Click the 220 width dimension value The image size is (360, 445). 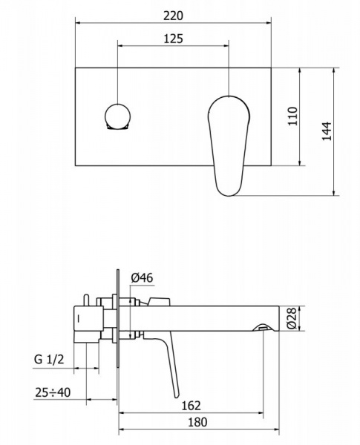point(173,15)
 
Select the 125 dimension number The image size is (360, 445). point(173,39)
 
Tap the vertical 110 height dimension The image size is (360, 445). point(292,117)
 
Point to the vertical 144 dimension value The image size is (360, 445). point(327,132)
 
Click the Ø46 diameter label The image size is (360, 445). point(141,278)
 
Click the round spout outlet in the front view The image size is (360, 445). point(117,117)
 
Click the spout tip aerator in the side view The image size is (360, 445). point(262,327)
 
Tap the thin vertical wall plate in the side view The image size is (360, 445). point(117,319)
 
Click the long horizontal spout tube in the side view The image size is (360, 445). point(215,317)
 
